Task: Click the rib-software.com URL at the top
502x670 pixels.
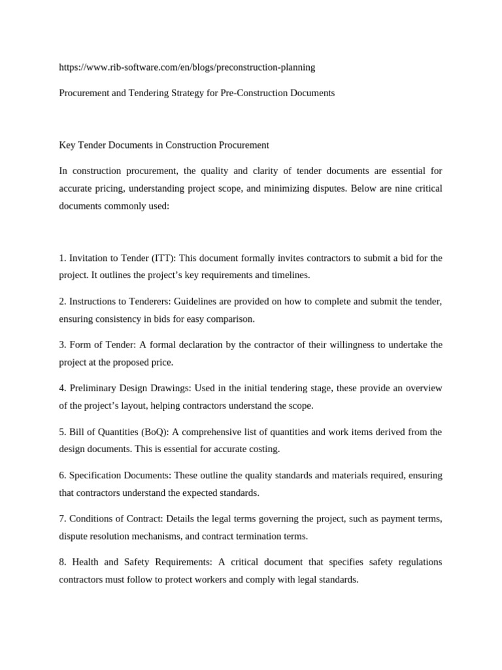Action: pos(187,67)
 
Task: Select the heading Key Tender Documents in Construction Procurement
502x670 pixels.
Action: pos(164,145)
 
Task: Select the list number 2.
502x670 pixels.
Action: pos(62,302)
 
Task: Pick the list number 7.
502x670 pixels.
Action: pos(62,518)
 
